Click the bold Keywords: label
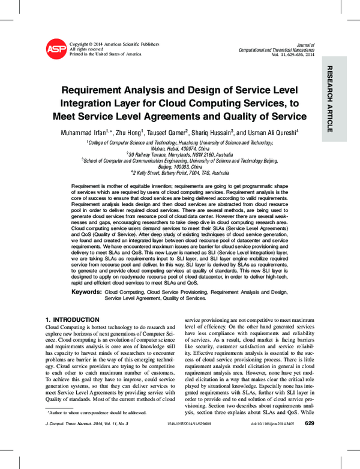86,291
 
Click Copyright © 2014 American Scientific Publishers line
115,44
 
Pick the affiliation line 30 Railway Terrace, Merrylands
184,154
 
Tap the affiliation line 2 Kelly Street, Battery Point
184,171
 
